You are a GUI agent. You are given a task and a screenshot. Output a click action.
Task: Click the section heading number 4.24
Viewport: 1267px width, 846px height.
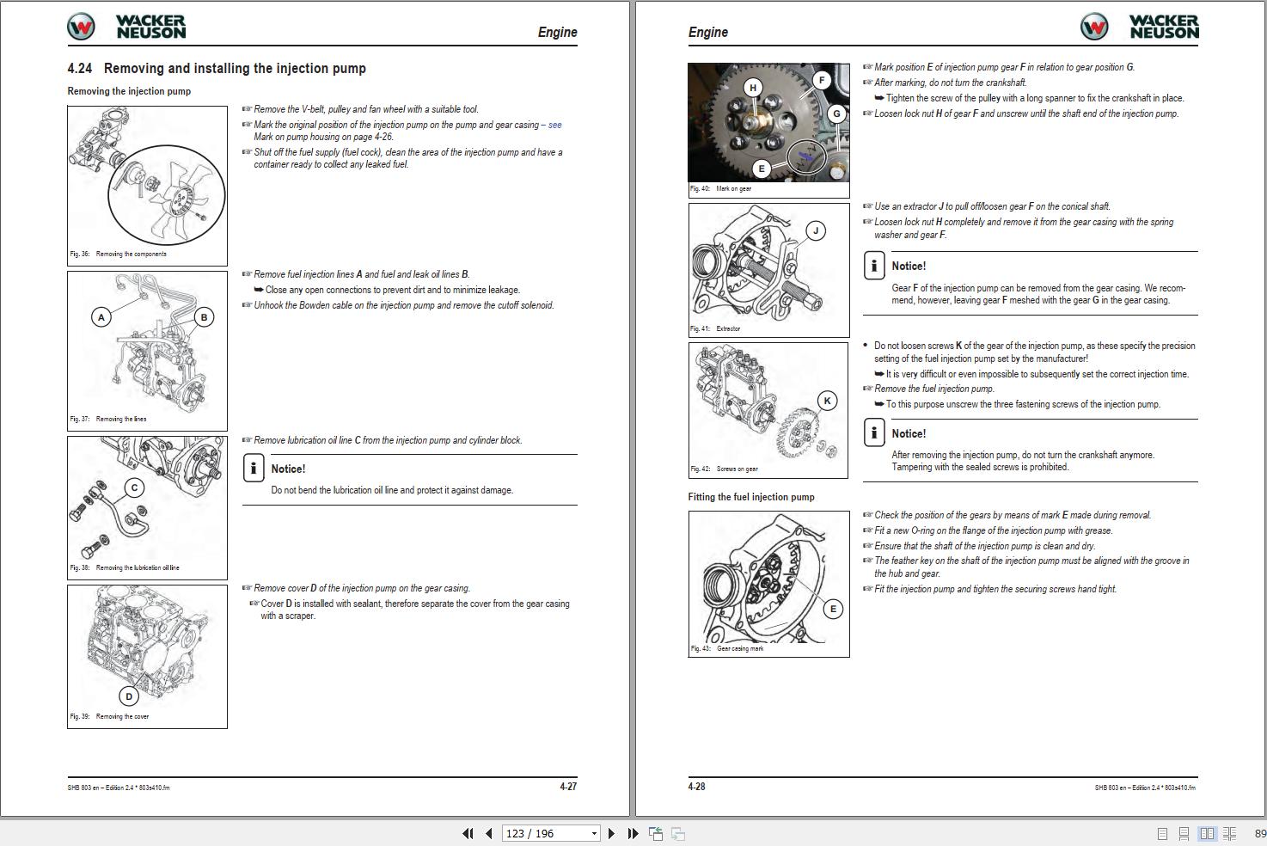click(80, 69)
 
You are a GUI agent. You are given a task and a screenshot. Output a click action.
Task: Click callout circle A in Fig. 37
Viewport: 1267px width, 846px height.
click(101, 317)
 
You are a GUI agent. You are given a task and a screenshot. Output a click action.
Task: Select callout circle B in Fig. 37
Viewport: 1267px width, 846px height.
click(204, 317)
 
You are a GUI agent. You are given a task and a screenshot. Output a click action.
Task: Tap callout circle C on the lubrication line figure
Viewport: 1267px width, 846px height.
click(134, 488)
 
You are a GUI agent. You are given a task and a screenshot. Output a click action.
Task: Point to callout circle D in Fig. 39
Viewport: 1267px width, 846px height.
click(129, 696)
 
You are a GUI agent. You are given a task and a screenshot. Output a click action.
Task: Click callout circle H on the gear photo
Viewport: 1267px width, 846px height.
click(753, 88)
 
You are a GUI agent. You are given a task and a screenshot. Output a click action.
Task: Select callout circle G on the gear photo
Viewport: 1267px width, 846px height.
click(835, 113)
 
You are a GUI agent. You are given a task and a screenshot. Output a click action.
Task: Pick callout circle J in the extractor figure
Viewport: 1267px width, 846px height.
click(816, 230)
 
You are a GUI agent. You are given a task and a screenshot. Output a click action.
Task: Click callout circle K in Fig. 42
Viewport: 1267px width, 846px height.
click(827, 401)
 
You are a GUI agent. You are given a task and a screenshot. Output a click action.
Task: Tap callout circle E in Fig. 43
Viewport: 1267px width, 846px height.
click(832, 610)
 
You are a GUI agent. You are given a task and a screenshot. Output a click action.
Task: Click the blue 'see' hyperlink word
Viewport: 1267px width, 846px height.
click(554, 125)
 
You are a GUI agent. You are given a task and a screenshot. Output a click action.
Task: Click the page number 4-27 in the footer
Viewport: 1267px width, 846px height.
click(568, 787)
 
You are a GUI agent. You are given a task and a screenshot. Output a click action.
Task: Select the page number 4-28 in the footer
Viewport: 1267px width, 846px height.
click(696, 787)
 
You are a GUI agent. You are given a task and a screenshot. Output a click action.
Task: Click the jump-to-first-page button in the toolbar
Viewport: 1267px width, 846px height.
click(468, 833)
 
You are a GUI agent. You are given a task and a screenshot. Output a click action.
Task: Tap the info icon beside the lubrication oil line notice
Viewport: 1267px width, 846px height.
click(254, 468)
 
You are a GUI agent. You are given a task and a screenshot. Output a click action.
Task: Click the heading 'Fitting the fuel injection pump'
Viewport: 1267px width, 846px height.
click(750, 497)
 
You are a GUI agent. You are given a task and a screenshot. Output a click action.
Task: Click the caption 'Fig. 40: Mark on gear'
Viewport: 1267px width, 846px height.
click(720, 189)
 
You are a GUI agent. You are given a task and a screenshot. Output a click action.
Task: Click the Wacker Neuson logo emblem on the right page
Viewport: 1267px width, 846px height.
click(1094, 28)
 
